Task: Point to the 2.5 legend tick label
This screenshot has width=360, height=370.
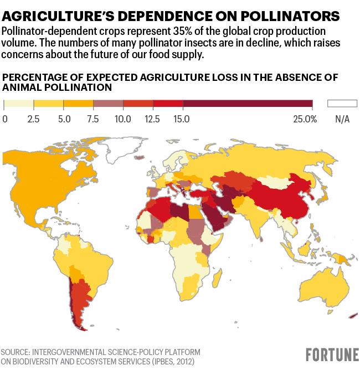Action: pos(34,119)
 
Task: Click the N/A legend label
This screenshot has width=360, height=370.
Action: pos(342,119)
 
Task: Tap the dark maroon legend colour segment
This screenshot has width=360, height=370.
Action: pos(248,104)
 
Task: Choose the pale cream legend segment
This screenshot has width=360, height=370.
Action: pos(19,104)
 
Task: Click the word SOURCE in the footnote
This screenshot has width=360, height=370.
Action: pos(18,352)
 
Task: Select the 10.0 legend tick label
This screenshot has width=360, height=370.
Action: pos(123,119)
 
